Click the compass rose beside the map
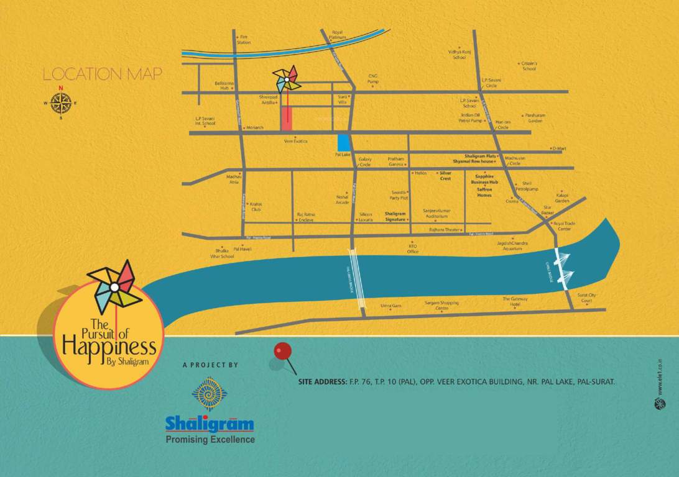tap(60, 102)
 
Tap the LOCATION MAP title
tap(102, 75)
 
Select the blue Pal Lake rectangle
tap(343, 142)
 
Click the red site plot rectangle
tap(287, 119)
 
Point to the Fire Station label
tap(244, 40)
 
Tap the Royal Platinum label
tap(337, 34)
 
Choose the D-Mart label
tap(560, 148)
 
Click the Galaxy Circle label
tap(365, 161)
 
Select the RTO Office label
tap(413, 248)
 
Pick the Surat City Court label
tap(586, 298)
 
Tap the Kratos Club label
tap(256, 207)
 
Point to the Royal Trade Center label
tap(565, 225)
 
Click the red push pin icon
tap(283, 352)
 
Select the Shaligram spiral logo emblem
tap(210, 394)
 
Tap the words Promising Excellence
tap(210, 440)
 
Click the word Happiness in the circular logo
tap(109, 346)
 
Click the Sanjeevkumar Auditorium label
tap(436, 214)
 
